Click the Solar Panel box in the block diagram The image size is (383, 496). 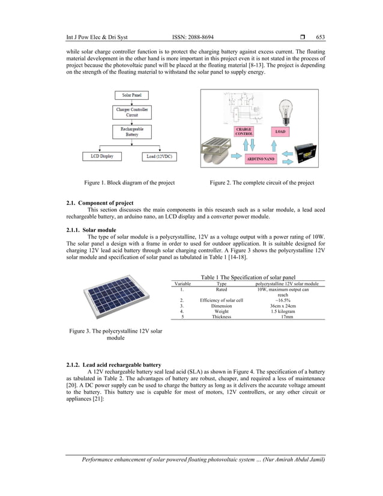(x=131, y=95)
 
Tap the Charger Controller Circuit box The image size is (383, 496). (x=131, y=112)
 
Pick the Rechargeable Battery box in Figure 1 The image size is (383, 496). (x=131, y=131)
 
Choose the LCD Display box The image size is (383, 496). (x=102, y=156)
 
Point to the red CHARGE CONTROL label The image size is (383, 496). (x=244, y=132)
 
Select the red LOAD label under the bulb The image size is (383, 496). (x=280, y=132)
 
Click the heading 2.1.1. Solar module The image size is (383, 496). (x=91, y=230)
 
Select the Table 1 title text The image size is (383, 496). (x=247, y=277)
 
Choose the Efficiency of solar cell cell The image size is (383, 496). (x=221, y=300)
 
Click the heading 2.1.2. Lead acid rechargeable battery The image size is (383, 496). (x=113, y=364)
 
